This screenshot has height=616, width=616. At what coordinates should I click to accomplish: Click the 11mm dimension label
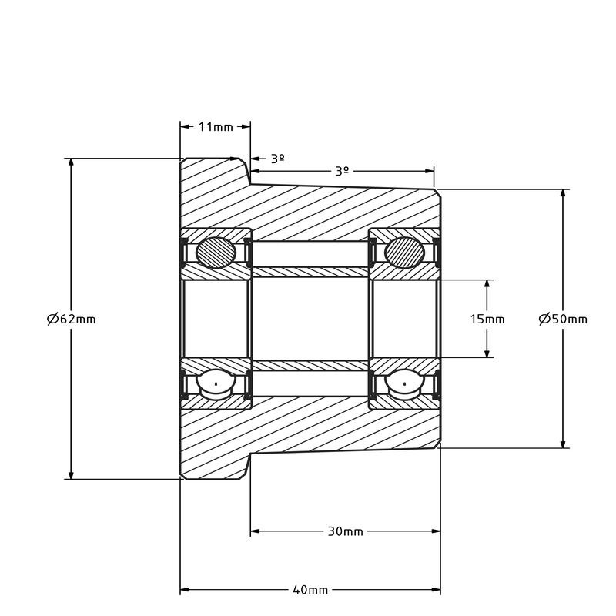pos(216,127)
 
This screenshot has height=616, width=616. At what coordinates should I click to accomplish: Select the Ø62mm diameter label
pos(72,319)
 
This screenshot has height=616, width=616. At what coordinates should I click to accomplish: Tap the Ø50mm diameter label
pos(563,319)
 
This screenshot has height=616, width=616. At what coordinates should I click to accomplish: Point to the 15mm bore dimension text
pos(487,319)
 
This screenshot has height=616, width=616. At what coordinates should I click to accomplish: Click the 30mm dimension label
pos(345,531)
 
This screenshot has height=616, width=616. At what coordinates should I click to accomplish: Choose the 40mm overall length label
pos(310,590)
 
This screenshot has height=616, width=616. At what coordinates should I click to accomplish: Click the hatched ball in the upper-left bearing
pos(216,253)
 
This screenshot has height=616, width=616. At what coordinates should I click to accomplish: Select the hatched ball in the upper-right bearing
pos(404,253)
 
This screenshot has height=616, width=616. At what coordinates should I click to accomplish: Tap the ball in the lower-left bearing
pos(216,383)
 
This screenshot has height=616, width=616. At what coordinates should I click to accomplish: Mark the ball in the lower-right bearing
pos(404,383)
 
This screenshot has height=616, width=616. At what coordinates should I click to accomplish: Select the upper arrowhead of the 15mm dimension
pos(487,284)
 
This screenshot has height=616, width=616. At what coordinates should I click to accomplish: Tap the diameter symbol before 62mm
pos(52,319)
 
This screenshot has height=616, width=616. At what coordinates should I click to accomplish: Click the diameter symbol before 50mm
pos(544,319)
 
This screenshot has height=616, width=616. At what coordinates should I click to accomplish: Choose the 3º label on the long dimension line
pos(342,171)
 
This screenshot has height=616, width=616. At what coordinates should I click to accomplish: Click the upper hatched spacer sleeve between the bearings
pos(310,272)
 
